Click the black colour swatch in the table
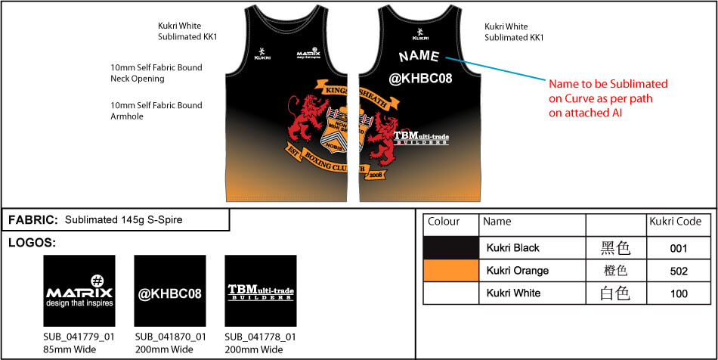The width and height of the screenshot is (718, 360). tap(451, 247)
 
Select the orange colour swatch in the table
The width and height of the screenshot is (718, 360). tap(451, 270)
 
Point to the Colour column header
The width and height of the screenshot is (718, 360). tap(444, 222)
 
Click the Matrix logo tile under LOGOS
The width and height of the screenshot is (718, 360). tap(79, 291)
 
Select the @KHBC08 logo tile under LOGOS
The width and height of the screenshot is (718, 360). tap(169, 291)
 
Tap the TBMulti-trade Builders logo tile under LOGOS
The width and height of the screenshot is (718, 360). tap(260, 291)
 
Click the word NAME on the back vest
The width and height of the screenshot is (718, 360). tap(419, 56)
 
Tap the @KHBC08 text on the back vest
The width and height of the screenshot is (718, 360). tap(419, 78)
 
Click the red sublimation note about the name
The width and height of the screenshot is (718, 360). tap(608, 98)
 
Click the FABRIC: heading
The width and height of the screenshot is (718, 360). tap(33, 220)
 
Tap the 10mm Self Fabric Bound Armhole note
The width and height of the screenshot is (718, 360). tap(156, 110)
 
